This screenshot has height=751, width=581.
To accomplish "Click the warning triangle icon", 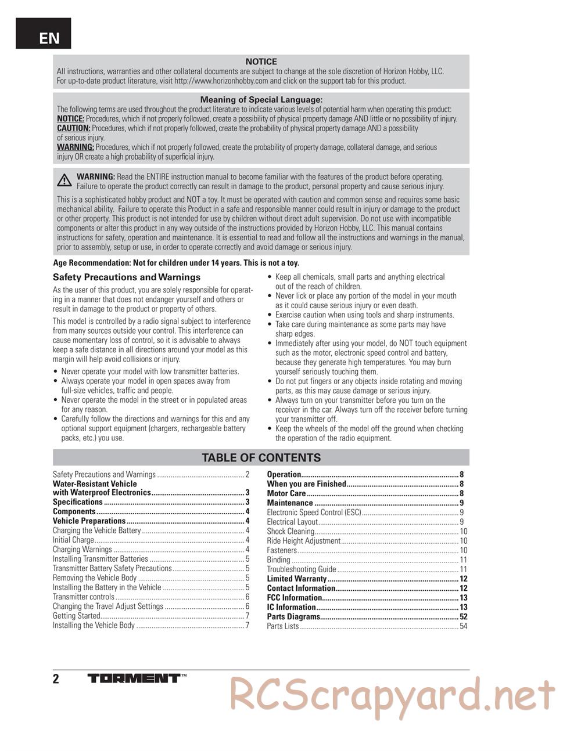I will tap(64, 180).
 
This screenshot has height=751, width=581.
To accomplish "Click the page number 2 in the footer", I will tap(56, 679).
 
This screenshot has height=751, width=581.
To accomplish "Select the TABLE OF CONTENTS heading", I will tap(261, 458).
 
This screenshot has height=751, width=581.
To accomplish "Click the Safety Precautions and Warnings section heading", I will tap(127, 277).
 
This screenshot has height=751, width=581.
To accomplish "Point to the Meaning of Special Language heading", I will tap(261, 100).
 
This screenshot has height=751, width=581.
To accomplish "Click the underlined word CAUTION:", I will tap(73, 128).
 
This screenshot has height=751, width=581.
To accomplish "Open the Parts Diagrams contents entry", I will tap(293, 616).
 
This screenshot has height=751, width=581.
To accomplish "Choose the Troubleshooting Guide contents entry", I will tap(302, 569).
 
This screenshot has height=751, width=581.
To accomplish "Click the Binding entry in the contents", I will tap(278, 560).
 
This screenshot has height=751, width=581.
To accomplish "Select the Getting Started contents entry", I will tap(77, 616).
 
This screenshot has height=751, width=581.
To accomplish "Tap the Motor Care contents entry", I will tap(286, 493).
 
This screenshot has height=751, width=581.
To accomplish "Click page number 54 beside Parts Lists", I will tap(463, 626).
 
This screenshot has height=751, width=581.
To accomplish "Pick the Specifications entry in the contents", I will tap(78, 502).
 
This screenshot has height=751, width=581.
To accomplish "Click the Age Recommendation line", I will tap(176, 263).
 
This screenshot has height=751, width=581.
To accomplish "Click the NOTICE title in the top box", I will tap(261, 62).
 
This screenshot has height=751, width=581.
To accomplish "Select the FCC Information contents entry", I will tap(294, 598).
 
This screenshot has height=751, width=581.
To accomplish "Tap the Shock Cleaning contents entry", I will tap(290, 532).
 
